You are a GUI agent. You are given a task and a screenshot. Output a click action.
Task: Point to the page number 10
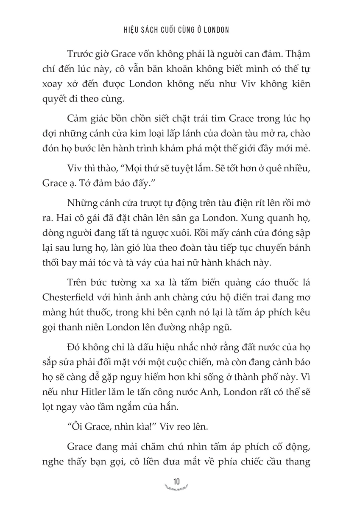click(x=177, y=482)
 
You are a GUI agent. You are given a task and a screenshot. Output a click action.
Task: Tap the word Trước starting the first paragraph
click(x=80, y=56)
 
